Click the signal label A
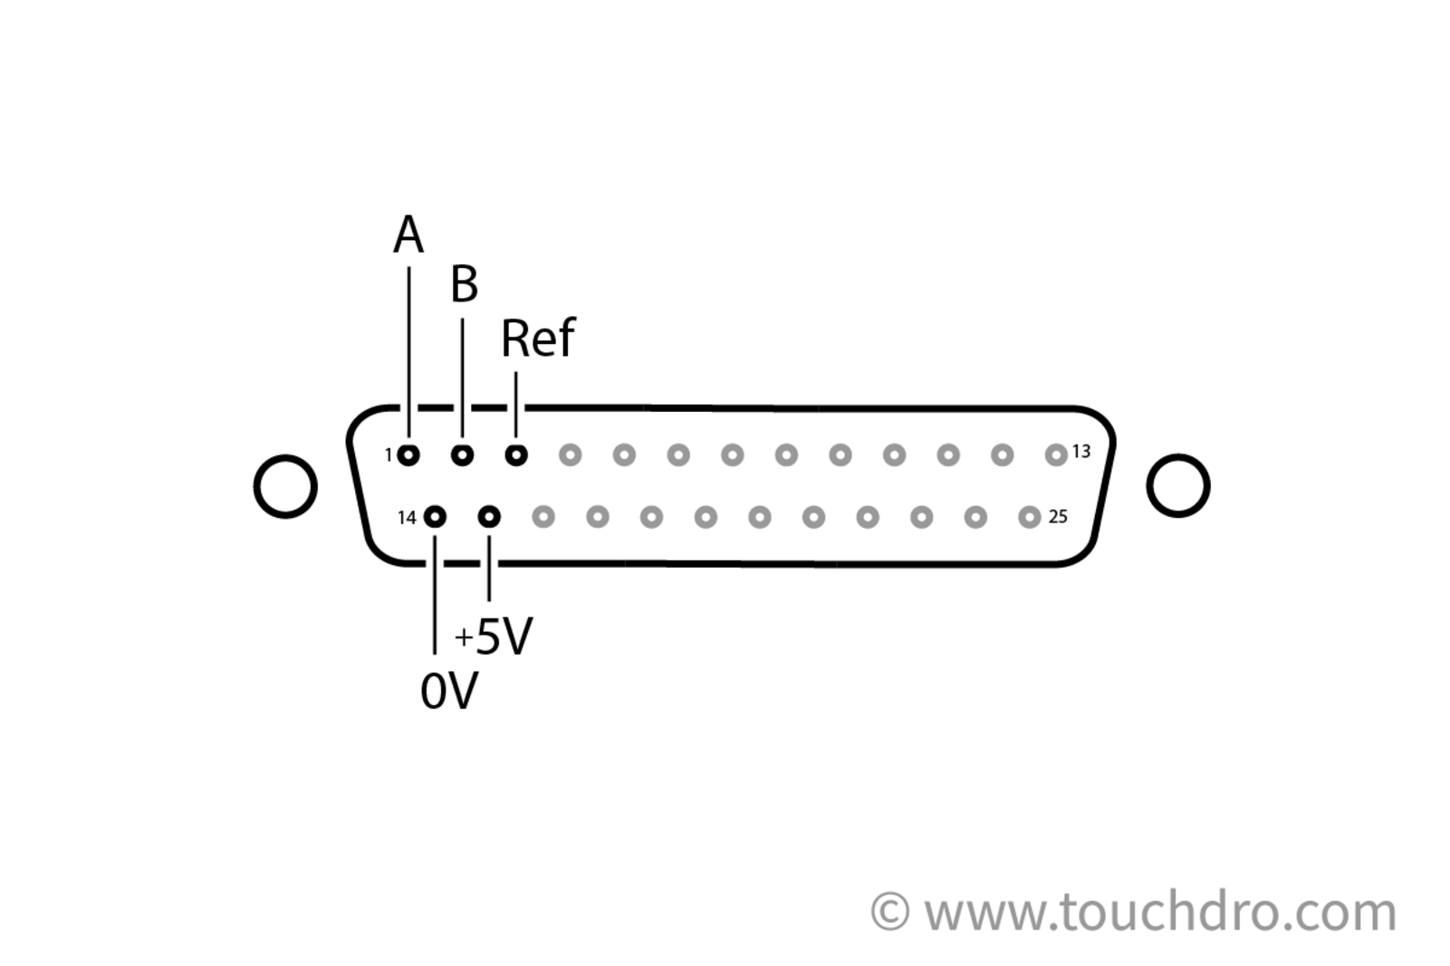tap(408, 235)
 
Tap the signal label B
tap(464, 284)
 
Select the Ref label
tap(537, 339)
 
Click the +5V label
tap(495, 636)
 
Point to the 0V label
tap(448, 692)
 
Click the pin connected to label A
tap(408, 454)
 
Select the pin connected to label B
tap(462, 454)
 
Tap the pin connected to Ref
tap(516, 454)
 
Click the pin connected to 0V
tap(435, 517)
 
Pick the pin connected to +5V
tap(489, 517)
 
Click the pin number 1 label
tap(389, 454)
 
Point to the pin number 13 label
tap(1081, 451)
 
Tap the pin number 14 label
tap(407, 518)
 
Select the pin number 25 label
tap(1058, 517)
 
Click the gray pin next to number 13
tap(1056, 454)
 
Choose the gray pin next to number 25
tap(1029, 517)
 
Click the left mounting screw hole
tap(285, 486)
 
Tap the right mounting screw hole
tap(1177, 485)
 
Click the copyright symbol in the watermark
tap(889, 911)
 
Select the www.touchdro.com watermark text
tap(1160, 912)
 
